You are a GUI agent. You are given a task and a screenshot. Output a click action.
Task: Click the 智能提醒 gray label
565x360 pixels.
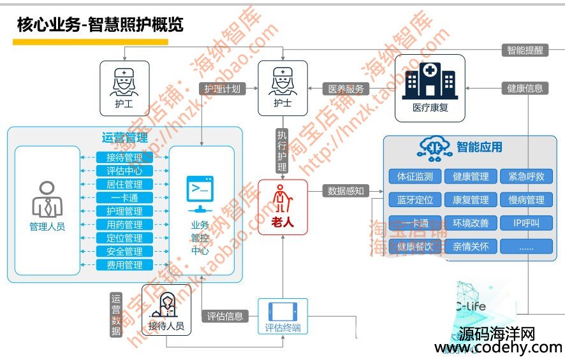coord(525,50)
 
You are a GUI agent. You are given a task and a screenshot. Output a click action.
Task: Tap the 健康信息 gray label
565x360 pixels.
coord(525,89)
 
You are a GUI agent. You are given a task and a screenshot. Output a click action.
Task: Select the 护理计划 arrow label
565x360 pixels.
coord(223,89)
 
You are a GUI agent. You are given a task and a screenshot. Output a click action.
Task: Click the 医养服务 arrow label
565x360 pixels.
coord(346,89)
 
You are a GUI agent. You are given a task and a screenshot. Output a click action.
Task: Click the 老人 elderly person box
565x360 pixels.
coord(282,207)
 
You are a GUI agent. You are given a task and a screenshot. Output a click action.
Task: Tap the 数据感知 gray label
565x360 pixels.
coord(346,190)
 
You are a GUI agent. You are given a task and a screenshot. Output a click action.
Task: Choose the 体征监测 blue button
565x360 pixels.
coord(415,176)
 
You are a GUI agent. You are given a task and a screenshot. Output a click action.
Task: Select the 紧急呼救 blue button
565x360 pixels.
coord(526,176)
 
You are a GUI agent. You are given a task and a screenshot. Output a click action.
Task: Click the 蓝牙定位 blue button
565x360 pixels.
coord(415,200)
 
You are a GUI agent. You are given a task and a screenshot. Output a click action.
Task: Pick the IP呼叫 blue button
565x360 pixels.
coord(526,223)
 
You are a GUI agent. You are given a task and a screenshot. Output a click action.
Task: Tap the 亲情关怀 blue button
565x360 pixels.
coord(471,246)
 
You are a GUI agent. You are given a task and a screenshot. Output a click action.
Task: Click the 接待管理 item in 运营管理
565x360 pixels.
coord(124,157)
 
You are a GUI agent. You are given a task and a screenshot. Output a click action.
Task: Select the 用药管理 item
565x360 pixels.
coord(124,225)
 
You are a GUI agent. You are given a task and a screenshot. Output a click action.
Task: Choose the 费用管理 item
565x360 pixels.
coord(124,265)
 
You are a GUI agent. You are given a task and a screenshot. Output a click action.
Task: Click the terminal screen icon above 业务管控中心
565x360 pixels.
coord(200,189)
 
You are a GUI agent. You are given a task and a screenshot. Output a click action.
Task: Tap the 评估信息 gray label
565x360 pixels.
coord(225,316)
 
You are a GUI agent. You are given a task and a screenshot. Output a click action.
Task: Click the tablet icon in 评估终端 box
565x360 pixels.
coord(282,312)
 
